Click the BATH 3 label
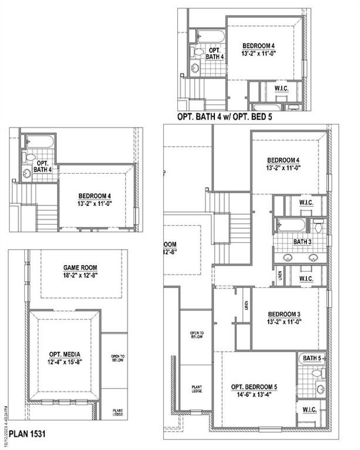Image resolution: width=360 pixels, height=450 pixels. click(x=302, y=242)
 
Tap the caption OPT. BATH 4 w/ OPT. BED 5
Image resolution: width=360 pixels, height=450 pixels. click(x=224, y=117)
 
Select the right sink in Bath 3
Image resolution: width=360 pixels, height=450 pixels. click(x=313, y=257)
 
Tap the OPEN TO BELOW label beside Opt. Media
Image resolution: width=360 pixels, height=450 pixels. click(x=117, y=358)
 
